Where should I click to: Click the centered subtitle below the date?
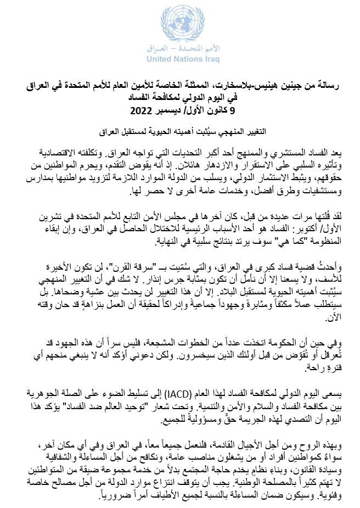(180, 132)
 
